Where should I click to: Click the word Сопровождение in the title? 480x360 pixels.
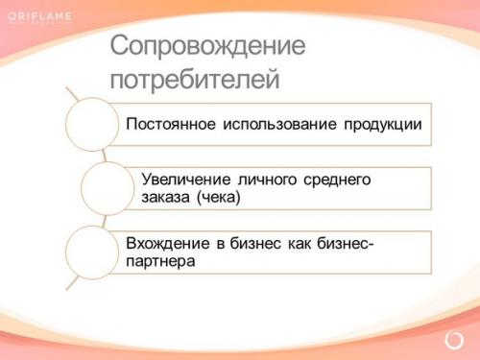[207, 46]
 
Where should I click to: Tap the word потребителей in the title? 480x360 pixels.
[194, 78]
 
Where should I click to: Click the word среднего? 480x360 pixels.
[337, 180]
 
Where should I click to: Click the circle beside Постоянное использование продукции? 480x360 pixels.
[92, 126]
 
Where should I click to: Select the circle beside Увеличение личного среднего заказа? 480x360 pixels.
[107, 188]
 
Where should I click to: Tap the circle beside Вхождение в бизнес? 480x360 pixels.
[92, 252]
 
